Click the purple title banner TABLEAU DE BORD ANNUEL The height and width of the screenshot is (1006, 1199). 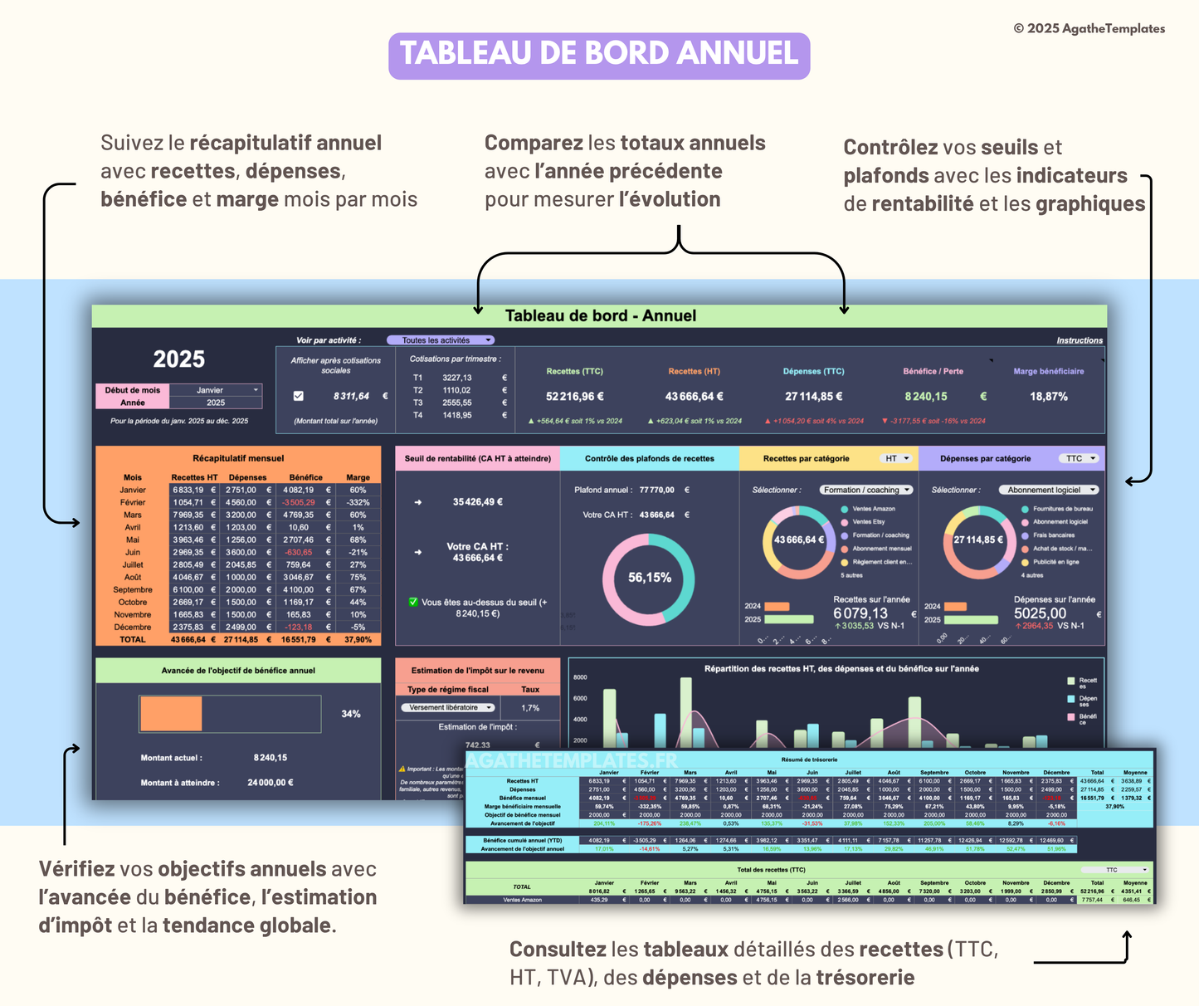tap(599, 55)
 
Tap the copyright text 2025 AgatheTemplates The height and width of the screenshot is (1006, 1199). tap(1089, 28)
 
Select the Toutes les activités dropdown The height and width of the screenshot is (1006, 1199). tap(441, 340)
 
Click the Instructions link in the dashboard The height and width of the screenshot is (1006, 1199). tap(1079, 340)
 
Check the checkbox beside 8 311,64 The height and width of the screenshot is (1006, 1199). tap(299, 396)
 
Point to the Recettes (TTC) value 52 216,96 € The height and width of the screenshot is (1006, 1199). tap(574, 397)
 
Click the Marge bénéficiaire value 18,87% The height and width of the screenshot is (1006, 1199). tap(1048, 397)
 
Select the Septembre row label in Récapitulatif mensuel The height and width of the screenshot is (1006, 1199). tap(133, 589)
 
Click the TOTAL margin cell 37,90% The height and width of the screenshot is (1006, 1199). tap(358, 640)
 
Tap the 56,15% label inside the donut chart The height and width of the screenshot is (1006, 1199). tap(649, 578)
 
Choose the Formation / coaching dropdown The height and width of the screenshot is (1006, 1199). tap(866, 490)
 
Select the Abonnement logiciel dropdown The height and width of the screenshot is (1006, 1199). tap(1048, 490)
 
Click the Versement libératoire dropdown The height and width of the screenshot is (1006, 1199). tap(448, 708)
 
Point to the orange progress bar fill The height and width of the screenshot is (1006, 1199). tap(171, 714)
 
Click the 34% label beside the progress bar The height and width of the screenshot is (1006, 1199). tap(351, 714)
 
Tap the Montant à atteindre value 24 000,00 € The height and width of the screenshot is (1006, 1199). tap(270, 783)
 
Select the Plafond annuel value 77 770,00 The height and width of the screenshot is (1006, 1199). tap(656, 490)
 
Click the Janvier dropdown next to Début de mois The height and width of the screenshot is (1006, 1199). tap(215, 390)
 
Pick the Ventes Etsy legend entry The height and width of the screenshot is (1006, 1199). tap(868, 522)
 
